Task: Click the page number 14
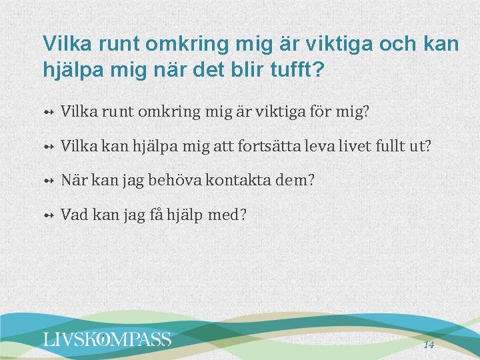pos(429,345)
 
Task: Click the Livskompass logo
pos(107,339)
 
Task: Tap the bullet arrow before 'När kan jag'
pos(48,181)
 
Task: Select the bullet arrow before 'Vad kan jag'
pos(48,215)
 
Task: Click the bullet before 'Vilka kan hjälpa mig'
pos(48,146)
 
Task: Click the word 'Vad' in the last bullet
pos(73,215)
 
